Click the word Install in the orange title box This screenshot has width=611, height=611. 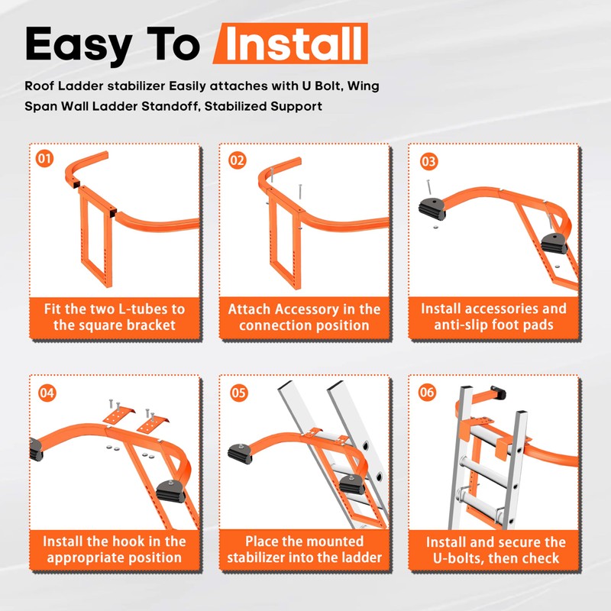[x=294, y=44]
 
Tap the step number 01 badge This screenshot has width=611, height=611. [x=45, y=159]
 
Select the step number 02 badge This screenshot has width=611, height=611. [x=238, y=160]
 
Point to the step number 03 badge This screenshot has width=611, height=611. [x=429, y=162]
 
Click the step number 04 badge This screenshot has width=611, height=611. [x=47, y=393]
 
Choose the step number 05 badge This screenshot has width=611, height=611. [x=238, y=393]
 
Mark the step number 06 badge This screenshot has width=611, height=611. [x=427, y=392]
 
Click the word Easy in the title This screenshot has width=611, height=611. [x=79, y=45]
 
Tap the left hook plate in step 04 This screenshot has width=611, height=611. [x=119, y=415]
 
